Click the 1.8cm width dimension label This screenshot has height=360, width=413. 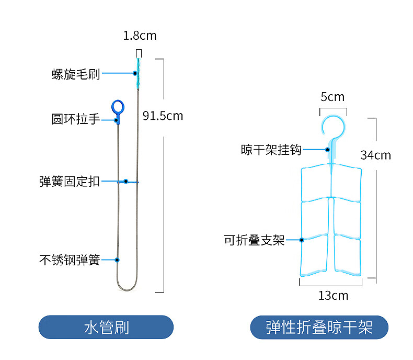pyautogui.click(x=140, y=36)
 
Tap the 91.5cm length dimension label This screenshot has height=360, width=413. pyautogui.click(x=163, y=116)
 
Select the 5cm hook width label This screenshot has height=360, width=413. pyautogui.click(x=332, y=97)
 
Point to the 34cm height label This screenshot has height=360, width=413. pyautogui.click(x=375, y=155)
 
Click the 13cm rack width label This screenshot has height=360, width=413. pyautogui.click(x=333, y=296)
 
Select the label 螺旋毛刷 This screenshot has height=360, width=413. pyautogui.click(x=76, y=74)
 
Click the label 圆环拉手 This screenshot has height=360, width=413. pyautogui.click(x=76, y=119)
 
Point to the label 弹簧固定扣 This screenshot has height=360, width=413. pyautogui.click(x=70, y=182)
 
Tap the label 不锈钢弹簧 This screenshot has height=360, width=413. pyautogui.click(x=70, y=260)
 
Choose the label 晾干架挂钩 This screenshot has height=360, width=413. pyautogui.click(x=271, y=150)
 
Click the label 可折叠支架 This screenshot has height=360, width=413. pyautogui.click(x=254, y=240)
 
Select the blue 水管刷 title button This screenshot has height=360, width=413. pyautogui.click(x=106, y=328)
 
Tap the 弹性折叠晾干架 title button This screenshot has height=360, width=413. pyautogui.click(x=319, y=328)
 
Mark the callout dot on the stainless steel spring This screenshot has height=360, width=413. pyautogui.click(x=117, y=260)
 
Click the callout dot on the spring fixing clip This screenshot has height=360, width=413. pyautogui.click(x=125, y=182)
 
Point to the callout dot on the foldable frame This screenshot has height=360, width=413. pyautogui.click(x=302, y=240)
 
